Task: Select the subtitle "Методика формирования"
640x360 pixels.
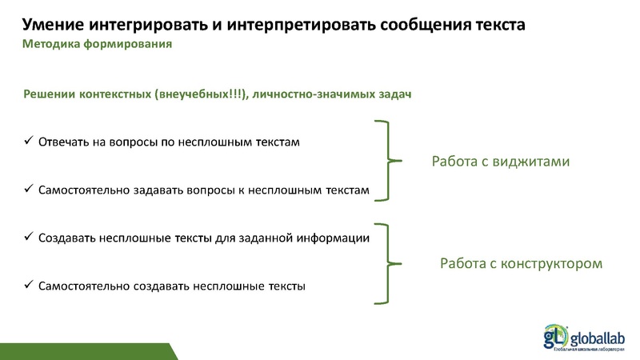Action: coord(97,44)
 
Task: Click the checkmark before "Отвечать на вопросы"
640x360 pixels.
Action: coord(27,142)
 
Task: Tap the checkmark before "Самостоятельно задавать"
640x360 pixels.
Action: coord(27,190)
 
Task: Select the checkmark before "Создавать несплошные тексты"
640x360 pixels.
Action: coord(27,238)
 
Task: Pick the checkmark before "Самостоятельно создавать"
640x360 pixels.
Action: coord(27,286)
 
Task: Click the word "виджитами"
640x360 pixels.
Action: coord(533,162)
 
